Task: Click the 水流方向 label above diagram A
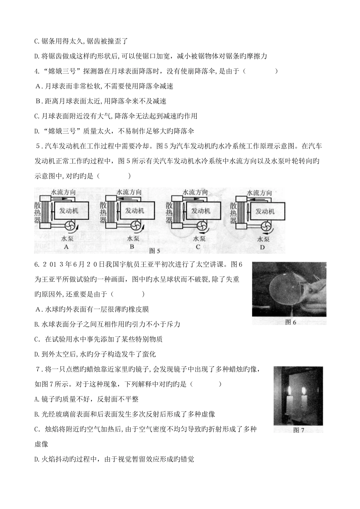pos(63,192)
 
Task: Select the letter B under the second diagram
pos(132,247)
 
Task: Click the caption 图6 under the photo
pos(289,322)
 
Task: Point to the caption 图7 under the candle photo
pos(299,430)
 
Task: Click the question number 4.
pos(36,71)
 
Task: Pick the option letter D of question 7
pos(37,459)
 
